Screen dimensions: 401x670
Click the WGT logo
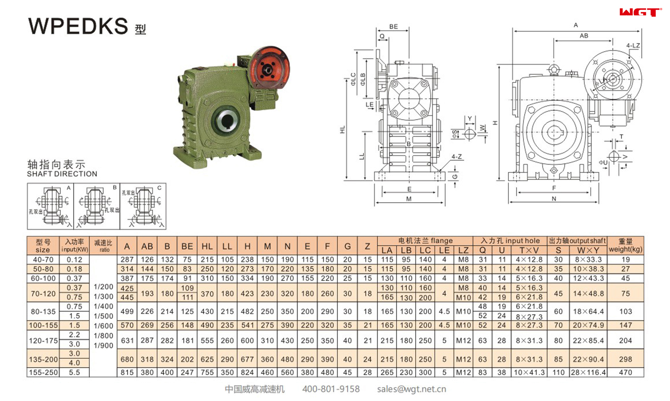640,12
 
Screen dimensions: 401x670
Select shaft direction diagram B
97,206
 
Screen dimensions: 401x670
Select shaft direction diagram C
143,206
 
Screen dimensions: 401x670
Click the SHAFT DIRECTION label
62,174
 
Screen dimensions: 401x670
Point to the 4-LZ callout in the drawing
633,45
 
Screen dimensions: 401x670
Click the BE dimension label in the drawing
393,27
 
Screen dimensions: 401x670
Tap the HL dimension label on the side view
342,130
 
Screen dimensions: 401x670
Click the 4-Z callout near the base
456,156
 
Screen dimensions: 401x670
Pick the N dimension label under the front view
554,199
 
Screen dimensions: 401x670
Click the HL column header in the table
207,246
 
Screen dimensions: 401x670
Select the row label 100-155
43,325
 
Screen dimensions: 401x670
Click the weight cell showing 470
625,372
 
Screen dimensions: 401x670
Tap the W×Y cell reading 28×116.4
588,372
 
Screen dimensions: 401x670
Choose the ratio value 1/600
103,326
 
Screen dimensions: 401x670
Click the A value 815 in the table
127,372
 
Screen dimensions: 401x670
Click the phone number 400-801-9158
331,389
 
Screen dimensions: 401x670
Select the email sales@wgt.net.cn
411,389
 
